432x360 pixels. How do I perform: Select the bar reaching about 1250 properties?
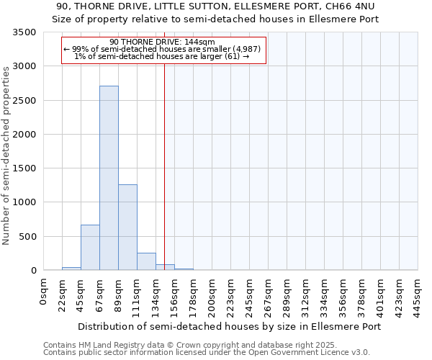point(127,228)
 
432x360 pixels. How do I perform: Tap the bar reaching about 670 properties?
point(90,248)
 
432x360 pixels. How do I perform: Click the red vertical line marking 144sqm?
point(165,166)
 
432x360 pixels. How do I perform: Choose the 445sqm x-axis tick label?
point(418,295)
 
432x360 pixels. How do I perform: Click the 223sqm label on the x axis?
point(230,295)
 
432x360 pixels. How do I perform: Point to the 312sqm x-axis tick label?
point(305,295)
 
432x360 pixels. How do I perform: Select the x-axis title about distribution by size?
point(229,326)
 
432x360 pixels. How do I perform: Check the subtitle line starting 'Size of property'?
point(215,19)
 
